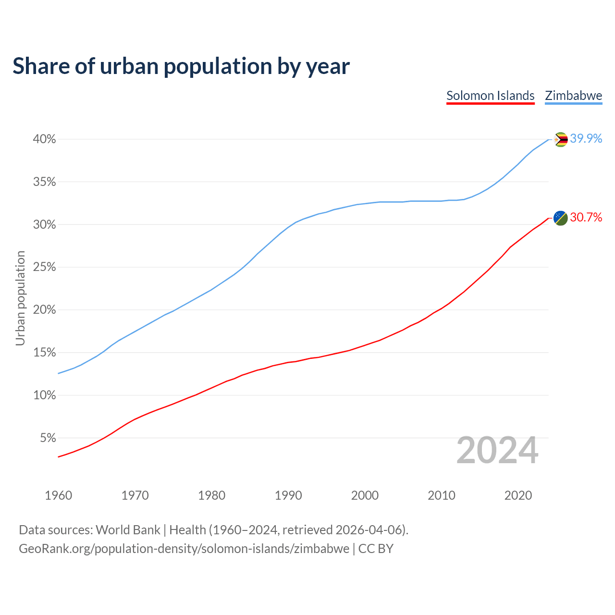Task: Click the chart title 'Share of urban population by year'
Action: coord(181,66)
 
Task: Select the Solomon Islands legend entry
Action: coord(490,96)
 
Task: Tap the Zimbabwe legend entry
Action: coord(573,96)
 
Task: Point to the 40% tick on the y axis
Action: coord(44,139)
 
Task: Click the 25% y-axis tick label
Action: coord(44,267)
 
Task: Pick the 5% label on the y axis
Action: coord(48,438)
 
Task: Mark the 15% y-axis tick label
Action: coord(44,353)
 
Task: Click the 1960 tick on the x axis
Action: coord(58,495)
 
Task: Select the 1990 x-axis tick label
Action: coord(288,495)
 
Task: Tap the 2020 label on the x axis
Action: coord(518,495)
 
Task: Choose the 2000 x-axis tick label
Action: coord(365,495)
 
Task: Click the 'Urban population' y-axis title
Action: coord(20,298)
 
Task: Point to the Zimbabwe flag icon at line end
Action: coord(561,139)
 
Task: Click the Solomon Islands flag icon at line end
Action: coord(561,218)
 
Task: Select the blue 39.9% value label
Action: coord(586,139)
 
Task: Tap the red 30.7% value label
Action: coord(586,218)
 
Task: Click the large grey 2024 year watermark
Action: coord(497,450)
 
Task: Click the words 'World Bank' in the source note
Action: coord(128,530)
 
